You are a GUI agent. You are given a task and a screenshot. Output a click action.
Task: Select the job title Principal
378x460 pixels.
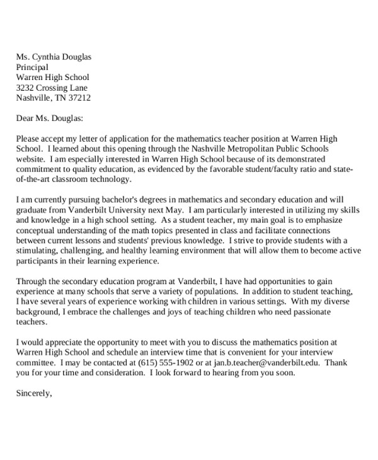32,67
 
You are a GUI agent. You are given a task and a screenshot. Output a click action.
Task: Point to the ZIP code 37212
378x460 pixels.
78,98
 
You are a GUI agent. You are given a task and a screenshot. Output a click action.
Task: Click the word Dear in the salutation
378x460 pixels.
26,118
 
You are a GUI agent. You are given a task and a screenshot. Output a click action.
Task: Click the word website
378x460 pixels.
31,159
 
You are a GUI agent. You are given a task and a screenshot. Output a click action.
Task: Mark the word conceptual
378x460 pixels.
38,230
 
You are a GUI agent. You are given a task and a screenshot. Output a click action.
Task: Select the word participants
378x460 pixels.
38,260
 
